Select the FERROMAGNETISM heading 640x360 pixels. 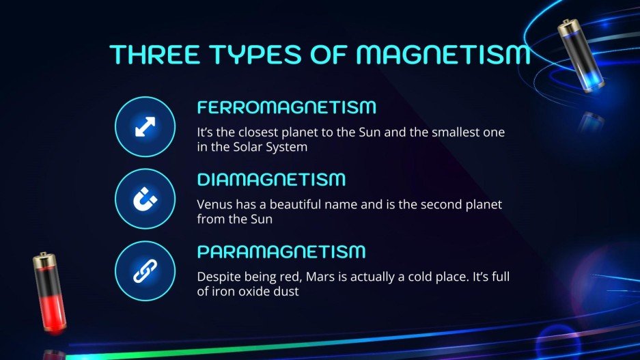(287, 107)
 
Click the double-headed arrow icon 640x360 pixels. (145, 127)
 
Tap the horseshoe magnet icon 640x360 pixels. (145, 199)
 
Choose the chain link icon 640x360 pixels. (145, 272)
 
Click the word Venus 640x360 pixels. (212, 204)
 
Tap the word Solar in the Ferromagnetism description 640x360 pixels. (253, 147)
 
